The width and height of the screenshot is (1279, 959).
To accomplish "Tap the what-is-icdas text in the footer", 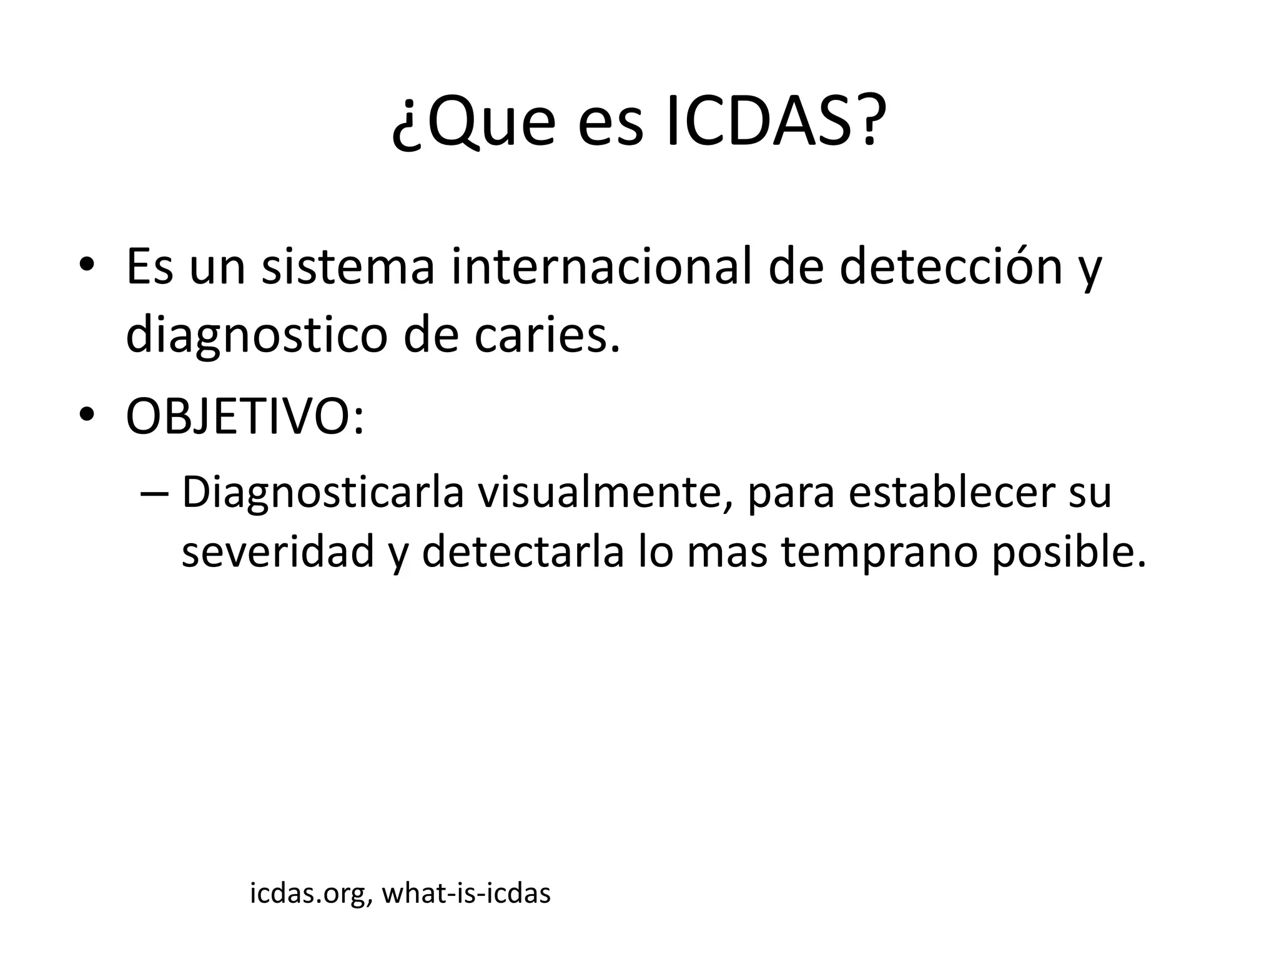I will pos(466,893).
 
